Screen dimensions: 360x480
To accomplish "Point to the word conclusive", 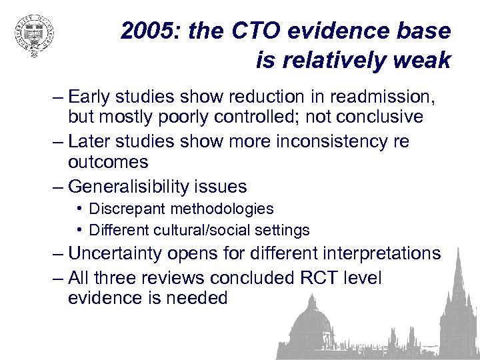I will [377, 117].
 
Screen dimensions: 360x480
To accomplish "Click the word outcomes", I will [107, 162].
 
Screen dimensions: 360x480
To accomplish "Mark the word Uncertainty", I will [119, 253].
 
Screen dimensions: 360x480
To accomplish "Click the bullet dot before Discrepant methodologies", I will [79, 209].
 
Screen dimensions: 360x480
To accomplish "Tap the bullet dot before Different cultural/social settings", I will [79, 230].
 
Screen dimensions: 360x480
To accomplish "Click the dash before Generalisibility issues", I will [57, 186].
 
